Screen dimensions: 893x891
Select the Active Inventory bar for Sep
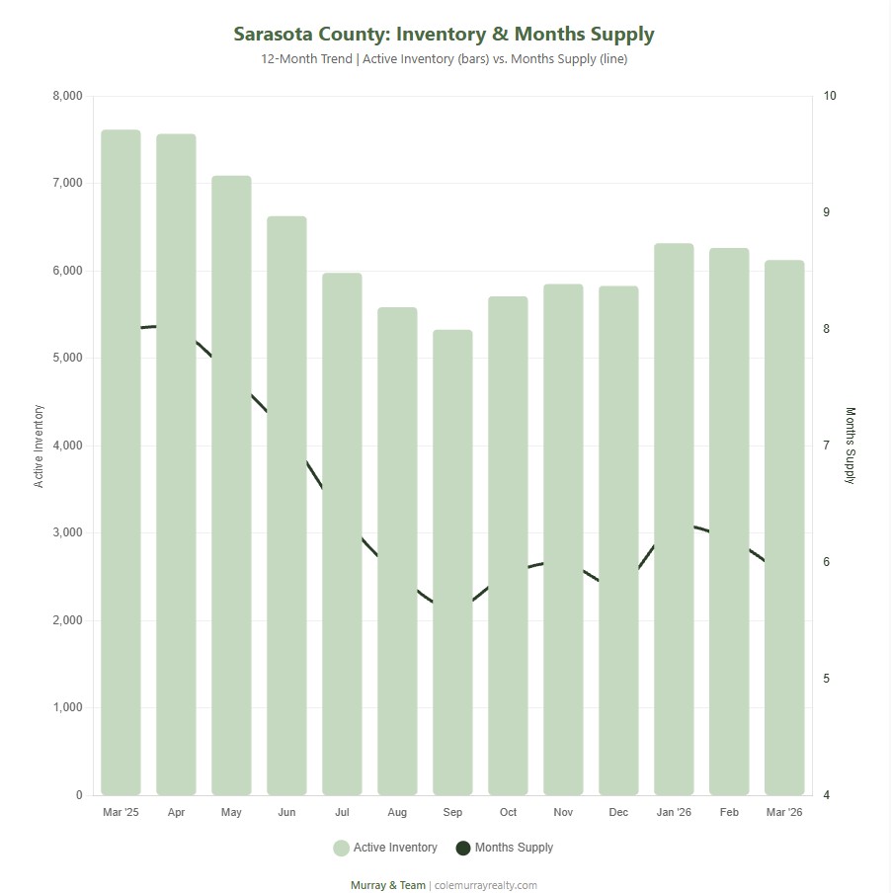[x=452, y=563]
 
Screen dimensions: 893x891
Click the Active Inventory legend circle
[x=342, y=848]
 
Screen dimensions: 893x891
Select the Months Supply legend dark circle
[x=463, y=848]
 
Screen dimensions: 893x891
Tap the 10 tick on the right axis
[x=829, y=96]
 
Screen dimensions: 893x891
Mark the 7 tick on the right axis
[x=826, y=446]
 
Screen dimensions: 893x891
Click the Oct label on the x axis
[x=508, y=812]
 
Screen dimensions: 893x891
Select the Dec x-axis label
[x=618, y=812]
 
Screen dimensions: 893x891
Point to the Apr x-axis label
[x=176, y=812]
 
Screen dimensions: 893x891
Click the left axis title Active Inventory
[x=40, y=446]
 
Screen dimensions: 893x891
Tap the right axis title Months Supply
[x=850, y=446]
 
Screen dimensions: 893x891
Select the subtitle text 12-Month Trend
[x=306, y=59]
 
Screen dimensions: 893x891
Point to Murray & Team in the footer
[x=388, y=885]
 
